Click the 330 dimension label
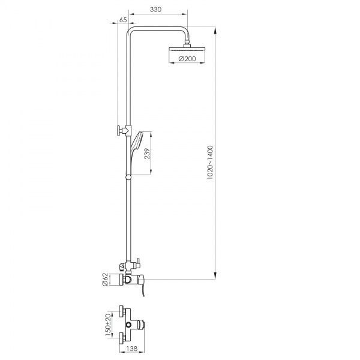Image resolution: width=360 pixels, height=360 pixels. [155, 10]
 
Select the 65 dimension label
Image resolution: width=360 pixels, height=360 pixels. [123, 20]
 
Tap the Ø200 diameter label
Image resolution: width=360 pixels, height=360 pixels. [187, 59]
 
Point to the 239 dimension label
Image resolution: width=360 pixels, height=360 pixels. [147, 154]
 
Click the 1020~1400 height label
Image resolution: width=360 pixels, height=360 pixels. [210, 163]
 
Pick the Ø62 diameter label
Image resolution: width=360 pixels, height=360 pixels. [104, 279]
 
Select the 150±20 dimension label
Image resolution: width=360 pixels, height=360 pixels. [108, 325]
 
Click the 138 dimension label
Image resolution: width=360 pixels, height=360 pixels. [131, 349]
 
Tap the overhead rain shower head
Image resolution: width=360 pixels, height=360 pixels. [187, 49]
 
